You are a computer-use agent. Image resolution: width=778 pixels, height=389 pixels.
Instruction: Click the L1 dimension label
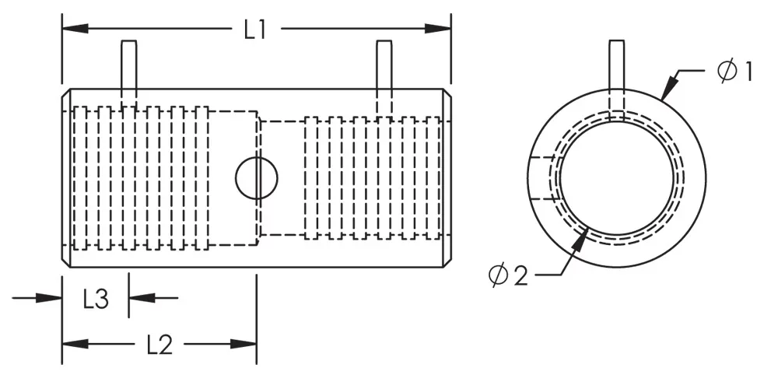click(255, 30)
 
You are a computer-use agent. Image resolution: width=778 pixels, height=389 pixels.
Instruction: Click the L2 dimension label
click(159, 344)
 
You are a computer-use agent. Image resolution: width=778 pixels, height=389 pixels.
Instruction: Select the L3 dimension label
click(95, 300)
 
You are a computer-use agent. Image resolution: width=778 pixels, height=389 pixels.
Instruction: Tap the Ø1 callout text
click(735, 71)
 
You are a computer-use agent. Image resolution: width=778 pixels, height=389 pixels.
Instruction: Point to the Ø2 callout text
click(507, 275)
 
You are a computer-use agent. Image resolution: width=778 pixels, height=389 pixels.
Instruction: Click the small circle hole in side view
click(257, 178)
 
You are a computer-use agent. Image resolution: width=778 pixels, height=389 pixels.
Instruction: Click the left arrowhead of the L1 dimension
click(75, 28)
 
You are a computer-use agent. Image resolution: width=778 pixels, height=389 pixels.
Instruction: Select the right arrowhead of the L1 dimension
click(438, 28)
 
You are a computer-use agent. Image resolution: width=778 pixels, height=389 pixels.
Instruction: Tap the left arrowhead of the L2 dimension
click(75, 343)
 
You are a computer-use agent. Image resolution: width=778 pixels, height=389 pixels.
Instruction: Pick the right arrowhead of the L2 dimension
click(244, 343)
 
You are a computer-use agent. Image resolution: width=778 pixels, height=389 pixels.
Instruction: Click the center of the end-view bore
click(617, 177)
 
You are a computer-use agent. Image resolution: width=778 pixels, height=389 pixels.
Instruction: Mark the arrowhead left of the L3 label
click(49, 298)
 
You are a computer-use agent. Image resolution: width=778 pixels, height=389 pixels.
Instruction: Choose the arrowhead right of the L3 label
click(142, 298)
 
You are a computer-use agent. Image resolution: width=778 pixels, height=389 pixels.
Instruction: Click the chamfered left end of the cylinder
click(66, 178)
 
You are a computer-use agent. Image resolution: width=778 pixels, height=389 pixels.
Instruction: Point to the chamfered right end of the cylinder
click(447, 178)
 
